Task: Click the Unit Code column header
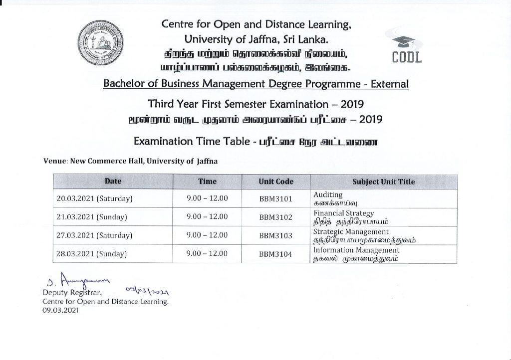[276, 181]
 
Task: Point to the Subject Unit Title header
[383, 181]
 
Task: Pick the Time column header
[207, 181]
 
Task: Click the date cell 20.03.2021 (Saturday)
[94, 198]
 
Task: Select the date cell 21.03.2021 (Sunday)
[92, 217]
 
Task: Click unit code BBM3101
[275, 198]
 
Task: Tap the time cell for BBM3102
[207, 217]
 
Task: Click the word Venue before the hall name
[55, 161]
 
